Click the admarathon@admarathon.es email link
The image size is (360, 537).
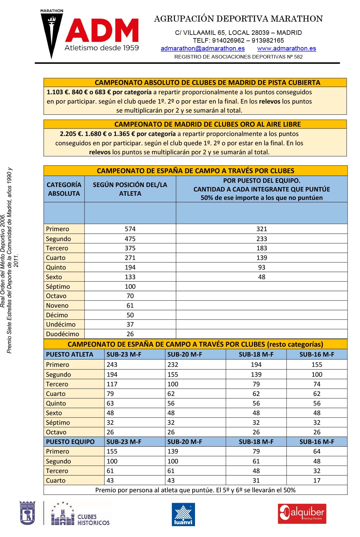point(202,48)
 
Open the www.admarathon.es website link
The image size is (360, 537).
point(286,48)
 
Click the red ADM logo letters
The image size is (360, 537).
point(102,31)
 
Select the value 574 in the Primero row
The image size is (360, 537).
point(130,229)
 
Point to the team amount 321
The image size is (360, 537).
point(262,229)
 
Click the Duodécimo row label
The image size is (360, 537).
point(62,334)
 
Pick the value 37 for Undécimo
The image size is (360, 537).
point(130,324)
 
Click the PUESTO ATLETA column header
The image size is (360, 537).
point(70,354)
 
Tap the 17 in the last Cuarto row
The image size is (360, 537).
point(317,480)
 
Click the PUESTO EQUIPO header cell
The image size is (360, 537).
point(70,442)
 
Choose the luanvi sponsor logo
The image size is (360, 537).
point(183,514)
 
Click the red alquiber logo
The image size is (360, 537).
point(302,514)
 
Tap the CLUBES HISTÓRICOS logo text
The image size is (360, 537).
point(93,520)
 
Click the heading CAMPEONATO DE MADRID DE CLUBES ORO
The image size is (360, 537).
point(207,124)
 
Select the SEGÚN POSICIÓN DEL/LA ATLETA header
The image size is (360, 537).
point(130,189)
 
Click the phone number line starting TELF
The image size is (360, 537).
point(238,41)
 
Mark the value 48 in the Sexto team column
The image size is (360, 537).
point(262,277)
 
